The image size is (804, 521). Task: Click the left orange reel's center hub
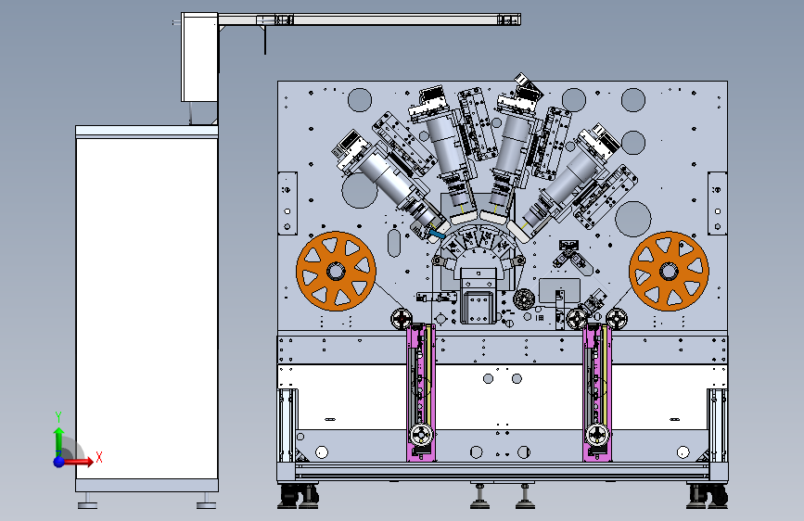click(336, 272)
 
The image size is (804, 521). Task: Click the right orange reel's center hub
click(669, 272)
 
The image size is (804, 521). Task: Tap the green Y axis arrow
click(58, 438)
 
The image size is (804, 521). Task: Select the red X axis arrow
click(78, 462)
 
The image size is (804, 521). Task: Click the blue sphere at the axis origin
click(59, 462)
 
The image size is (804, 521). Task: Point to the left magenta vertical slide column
click(421, 392)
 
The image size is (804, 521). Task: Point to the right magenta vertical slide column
click(597, 392)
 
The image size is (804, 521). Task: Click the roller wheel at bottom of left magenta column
click(421, 436)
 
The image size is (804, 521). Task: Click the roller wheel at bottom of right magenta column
click(597, 436)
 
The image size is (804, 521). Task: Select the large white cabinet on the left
click(147, 308)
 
